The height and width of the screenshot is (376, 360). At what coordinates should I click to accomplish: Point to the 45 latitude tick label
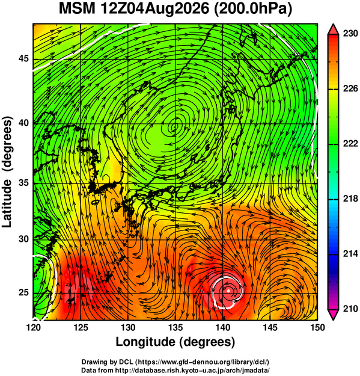coord(23,58)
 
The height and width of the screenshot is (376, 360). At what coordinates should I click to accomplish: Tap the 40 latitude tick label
coord(23,123)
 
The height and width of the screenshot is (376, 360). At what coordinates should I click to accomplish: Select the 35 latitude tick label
coord(23,183)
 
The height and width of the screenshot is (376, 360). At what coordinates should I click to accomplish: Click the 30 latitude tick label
coord(23,239)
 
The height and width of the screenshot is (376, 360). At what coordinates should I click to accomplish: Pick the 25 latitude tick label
coord(23,293)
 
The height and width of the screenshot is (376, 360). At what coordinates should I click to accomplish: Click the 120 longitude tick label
coord(33,327)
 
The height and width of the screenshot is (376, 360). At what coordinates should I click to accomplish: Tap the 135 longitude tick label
coord(175,327)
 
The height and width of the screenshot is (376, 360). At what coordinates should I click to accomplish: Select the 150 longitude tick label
coord(317,327)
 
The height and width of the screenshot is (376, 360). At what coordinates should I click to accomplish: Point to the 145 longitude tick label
coord(270,327)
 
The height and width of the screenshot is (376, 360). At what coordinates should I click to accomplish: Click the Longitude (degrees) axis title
coord(175,342)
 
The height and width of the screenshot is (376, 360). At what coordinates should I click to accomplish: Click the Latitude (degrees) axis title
coord(7,171)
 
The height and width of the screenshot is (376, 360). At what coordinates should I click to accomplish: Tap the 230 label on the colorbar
coord(350,34)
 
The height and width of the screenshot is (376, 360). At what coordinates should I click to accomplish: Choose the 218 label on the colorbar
coord(350,199)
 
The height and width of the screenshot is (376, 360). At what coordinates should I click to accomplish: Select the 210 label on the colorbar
coord(350,309)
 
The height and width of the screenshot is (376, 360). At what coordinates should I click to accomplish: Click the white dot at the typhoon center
coord(228,291)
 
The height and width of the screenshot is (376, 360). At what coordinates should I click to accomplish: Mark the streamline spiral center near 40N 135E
coord(175,125)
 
